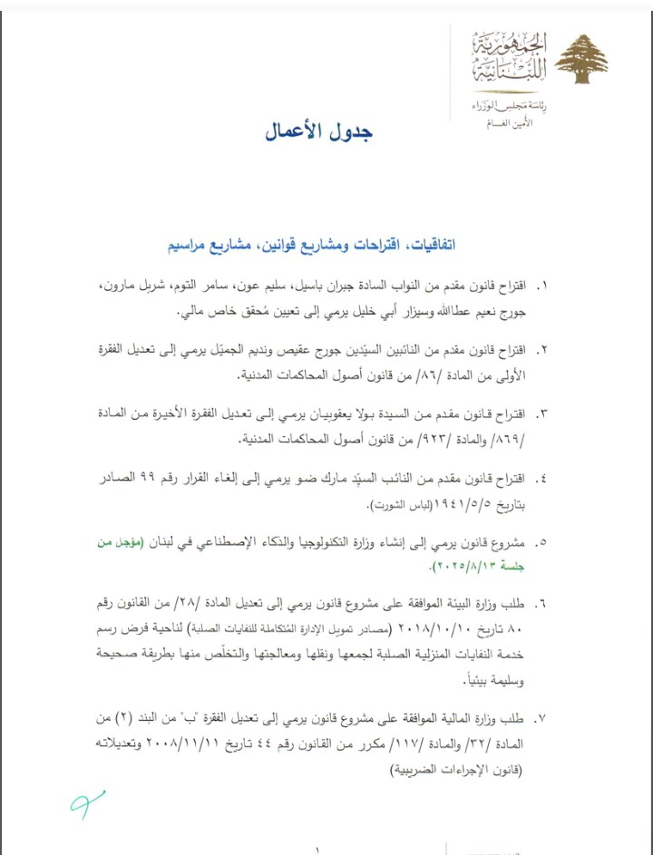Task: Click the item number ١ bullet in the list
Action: [545, 286]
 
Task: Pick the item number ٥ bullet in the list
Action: [545, 543]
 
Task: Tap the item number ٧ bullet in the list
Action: [545, 720]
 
